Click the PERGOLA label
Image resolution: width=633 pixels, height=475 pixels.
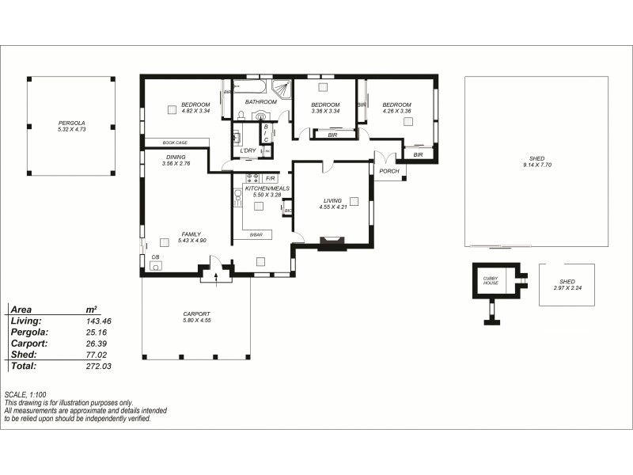(71, 123)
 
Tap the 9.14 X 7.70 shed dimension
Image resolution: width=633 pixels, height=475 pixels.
(536, 165)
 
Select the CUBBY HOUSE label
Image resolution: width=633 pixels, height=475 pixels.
(491, 280)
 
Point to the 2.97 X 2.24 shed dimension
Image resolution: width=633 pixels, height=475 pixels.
(567, 288)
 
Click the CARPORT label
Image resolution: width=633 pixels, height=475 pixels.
(196, 313)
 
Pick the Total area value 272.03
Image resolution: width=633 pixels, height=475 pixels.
(98, 367)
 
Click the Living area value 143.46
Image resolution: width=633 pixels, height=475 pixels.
(98, 321)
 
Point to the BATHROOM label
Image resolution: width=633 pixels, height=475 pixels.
(260, 102)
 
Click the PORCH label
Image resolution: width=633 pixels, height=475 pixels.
(389, 170)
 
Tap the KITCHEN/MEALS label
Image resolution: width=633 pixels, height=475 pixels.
(267, 188)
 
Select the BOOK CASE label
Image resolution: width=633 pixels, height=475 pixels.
(175, 142)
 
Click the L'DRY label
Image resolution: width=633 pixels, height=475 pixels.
(248, 150)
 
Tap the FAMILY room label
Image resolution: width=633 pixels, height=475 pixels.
(191, 234)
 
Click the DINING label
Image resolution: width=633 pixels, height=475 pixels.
(176, 157)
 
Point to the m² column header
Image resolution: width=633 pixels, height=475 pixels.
(91, 310)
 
